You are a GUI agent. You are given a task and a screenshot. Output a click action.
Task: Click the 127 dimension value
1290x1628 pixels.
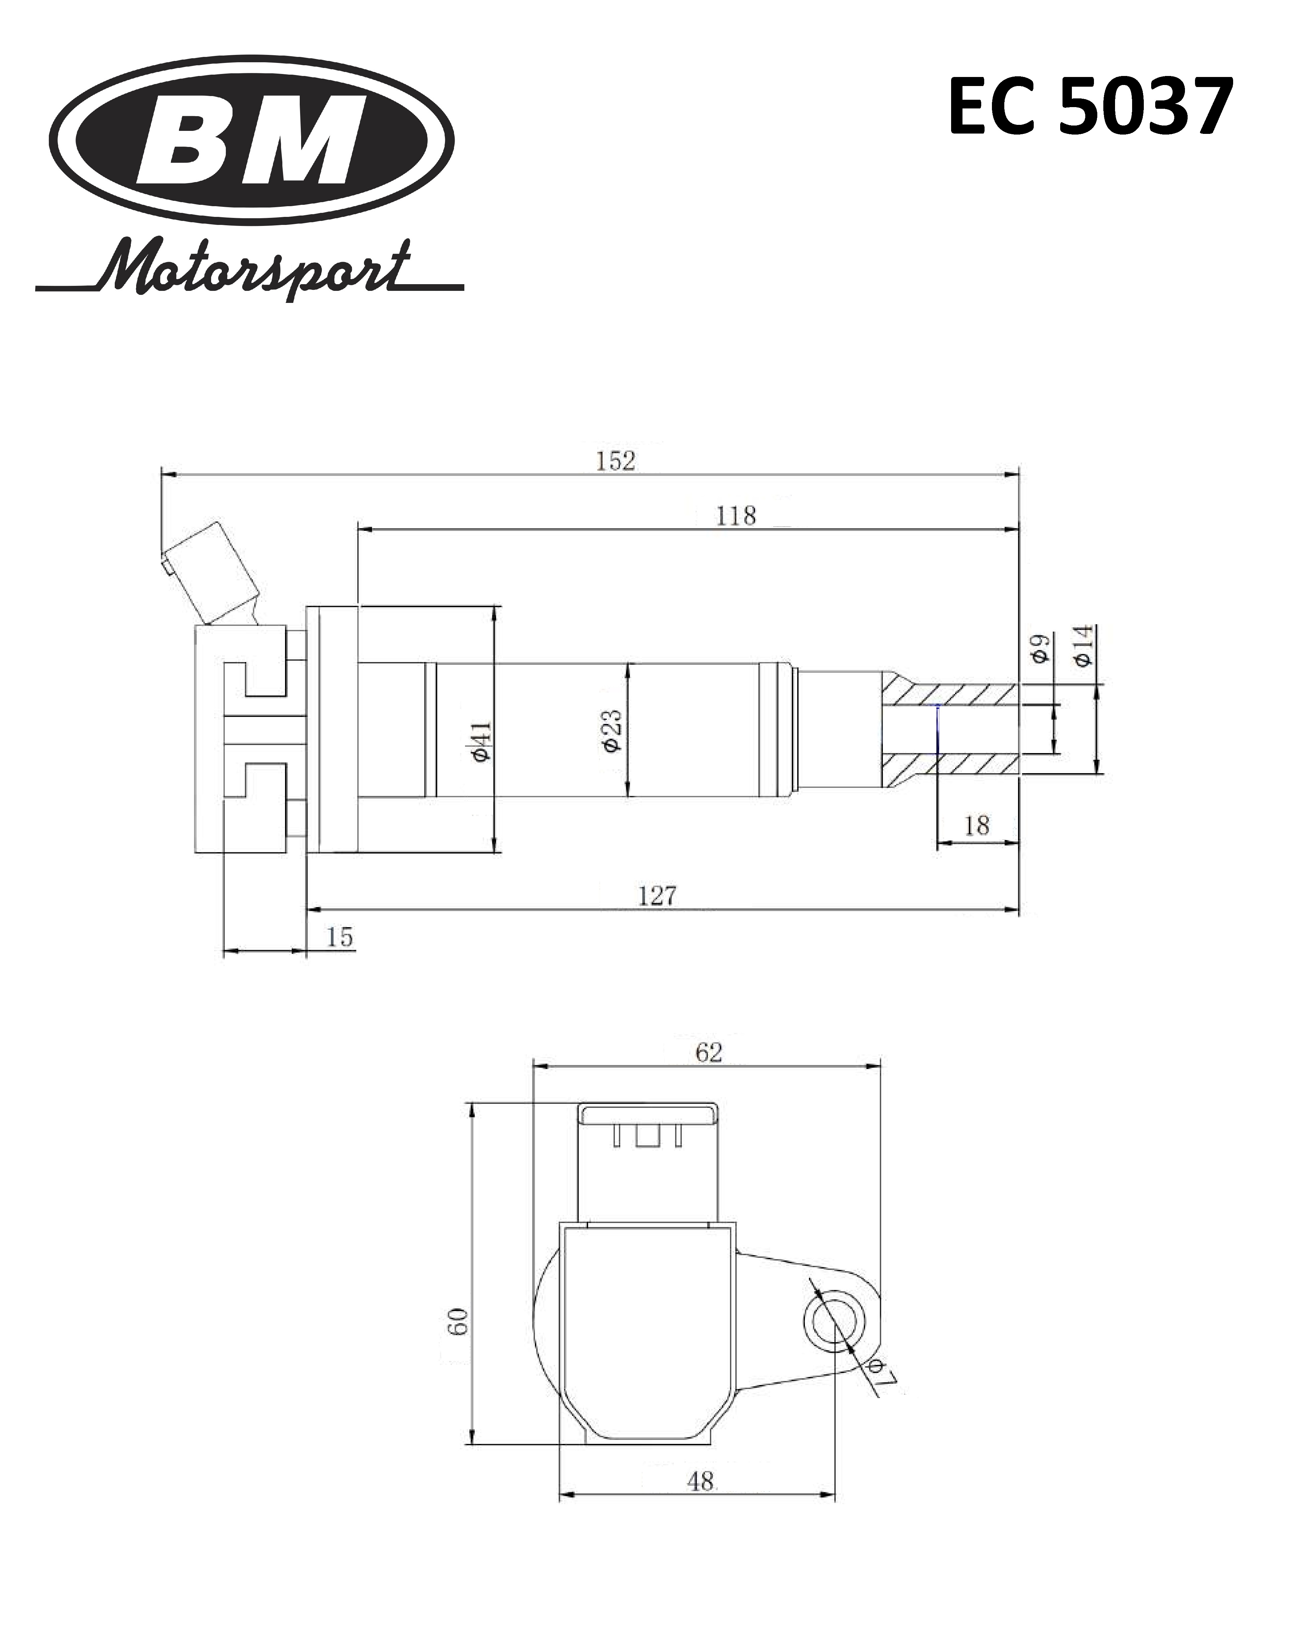pyautogui.click(x=657, y=896)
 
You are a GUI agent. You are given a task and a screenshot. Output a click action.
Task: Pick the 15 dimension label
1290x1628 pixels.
pyautogui.click(x=340, y=937)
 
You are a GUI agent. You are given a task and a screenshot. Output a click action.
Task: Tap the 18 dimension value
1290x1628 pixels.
pyautogui.click(x=977, y=825)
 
